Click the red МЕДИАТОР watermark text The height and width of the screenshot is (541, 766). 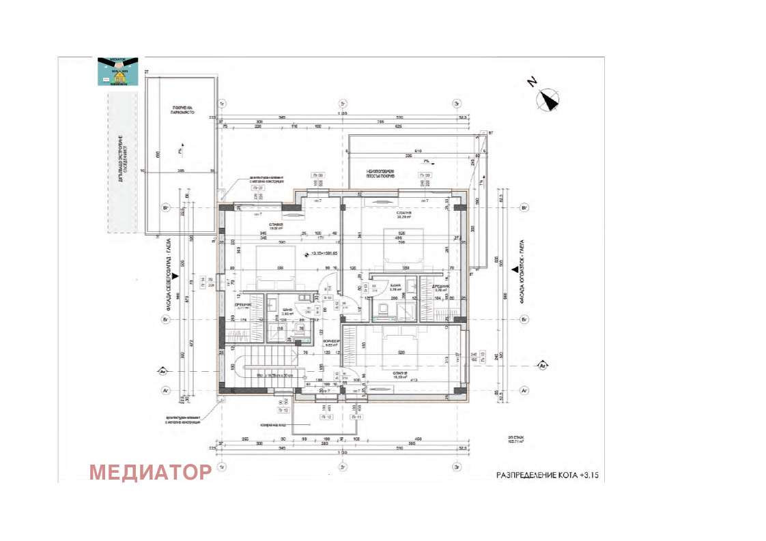coord(150,472)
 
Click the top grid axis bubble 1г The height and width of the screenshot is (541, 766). coord(221,103)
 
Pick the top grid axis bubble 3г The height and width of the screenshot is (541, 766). coord(457,103)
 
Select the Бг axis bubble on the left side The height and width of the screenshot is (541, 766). coord(164,319)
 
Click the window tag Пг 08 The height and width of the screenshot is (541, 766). coord(317,175)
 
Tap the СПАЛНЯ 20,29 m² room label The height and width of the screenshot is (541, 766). coord(404,216)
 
